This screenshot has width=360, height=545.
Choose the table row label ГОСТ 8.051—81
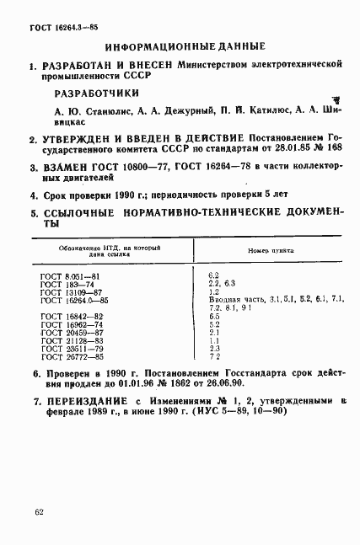71,276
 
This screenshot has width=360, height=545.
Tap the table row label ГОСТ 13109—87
71,292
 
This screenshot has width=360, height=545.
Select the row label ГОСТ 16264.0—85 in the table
74,300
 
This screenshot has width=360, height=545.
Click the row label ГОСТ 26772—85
71,356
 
